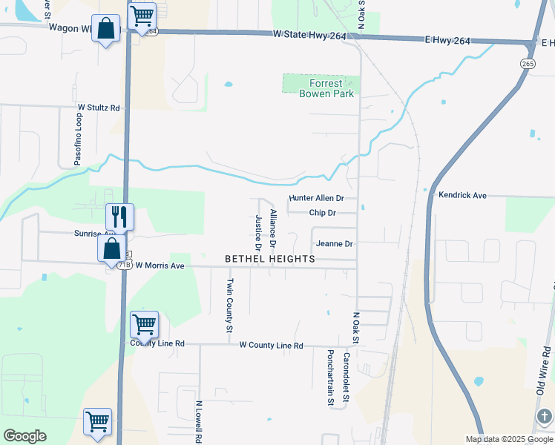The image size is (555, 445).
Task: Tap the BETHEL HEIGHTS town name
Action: click(270, 259)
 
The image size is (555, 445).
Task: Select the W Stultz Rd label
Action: click(99, 108)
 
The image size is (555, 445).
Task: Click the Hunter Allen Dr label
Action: click(317, 198)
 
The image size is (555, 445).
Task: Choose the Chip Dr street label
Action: click(322, 213)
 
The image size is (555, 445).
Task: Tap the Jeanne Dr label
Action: click(333, 243)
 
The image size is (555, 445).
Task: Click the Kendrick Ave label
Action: click(462, 195)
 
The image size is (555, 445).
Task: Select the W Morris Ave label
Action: click(160, 266)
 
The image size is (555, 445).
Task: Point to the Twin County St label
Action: click(230, 305)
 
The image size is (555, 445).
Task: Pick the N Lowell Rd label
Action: click(199, 422)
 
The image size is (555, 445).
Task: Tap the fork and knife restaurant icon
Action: click(119, 217)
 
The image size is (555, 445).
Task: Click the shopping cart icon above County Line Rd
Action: click(144, 323)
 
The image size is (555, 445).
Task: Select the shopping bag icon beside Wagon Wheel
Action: click(106, 29)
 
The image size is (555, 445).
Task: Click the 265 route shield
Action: click(528, 64)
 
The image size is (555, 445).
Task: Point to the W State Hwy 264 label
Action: click(309, 35)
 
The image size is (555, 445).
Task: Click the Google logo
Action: click(24, 436)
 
